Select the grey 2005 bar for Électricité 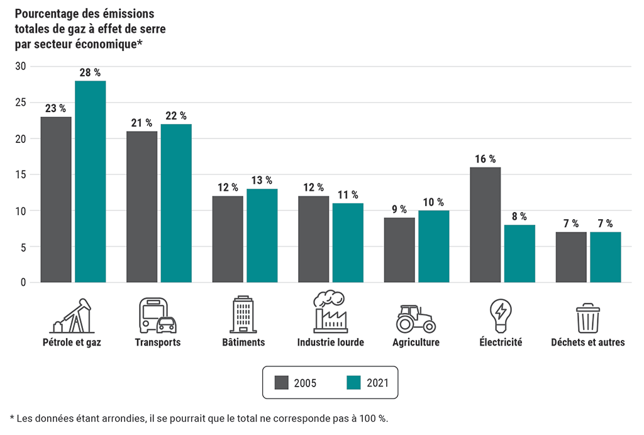click(x=485, y=225)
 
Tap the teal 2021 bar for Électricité click(x=519, y=254)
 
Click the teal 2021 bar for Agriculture click(x=433, y=246)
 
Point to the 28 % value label click(x=90, y=72)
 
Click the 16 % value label click(x=485, y=159)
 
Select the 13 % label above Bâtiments click(x=262, y=181)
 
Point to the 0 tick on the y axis click(x=23, y=283)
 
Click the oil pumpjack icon click(x=72, y=316)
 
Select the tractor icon click(x=416, y=319)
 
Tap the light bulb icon click(x=501, y=315)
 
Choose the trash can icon click(x=588, y=317)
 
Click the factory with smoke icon click(x=330, y=312)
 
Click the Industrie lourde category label click(x=330, y=342)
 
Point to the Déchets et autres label click(x=588, y=342)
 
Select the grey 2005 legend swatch click(x=282, y=383)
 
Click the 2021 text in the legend click(x=379, y=383)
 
